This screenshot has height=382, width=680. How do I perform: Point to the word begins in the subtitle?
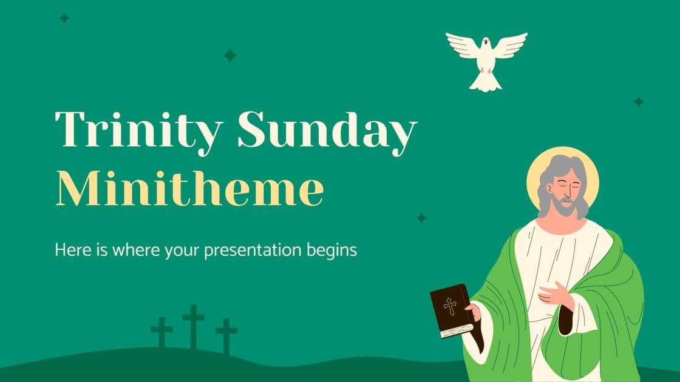335,250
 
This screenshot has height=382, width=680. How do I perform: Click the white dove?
486,59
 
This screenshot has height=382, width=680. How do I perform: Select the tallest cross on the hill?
194,326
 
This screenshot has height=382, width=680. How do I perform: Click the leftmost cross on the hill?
162,332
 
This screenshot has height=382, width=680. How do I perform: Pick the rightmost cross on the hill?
226,335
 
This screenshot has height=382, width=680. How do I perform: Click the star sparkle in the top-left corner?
64,18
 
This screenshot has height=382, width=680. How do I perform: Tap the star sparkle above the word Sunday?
229,55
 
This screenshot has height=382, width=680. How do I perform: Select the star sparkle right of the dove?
639,102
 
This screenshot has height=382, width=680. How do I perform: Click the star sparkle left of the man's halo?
421,218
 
